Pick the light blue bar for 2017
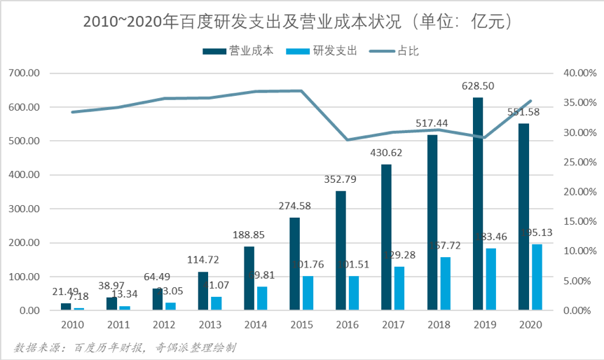coord(399,288)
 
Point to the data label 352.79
coord(341,179)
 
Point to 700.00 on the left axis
coord(27,74)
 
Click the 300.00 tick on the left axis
coord(27,209)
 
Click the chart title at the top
coord(301,22)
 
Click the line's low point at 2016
coord(347,140)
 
